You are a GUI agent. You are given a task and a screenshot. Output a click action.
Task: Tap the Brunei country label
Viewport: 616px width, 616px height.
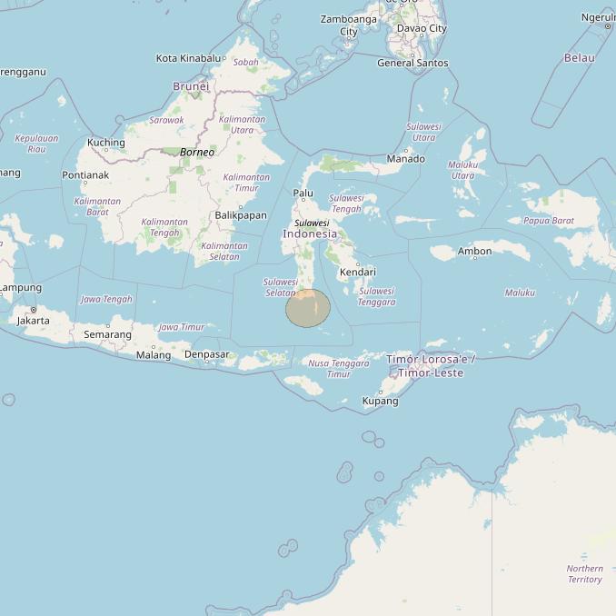point(191,86)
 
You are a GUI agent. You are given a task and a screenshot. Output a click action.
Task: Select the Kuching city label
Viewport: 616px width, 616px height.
point(105,143)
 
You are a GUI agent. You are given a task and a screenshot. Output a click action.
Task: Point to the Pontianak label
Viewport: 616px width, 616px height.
point(85,175)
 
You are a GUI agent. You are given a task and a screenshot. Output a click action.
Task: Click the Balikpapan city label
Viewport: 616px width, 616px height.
point(241,215)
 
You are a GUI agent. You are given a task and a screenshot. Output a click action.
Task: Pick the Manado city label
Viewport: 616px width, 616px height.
point(405,159)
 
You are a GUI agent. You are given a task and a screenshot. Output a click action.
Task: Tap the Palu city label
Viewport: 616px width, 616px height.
point(303,194)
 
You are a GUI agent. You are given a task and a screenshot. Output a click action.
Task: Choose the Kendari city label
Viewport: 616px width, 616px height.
point(357,273)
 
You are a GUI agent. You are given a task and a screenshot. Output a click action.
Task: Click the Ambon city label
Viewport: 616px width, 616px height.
point(474,252)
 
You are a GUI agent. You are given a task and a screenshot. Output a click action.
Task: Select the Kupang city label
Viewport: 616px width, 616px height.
point(380,401)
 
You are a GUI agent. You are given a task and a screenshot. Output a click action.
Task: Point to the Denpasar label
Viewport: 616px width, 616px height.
point(206,354)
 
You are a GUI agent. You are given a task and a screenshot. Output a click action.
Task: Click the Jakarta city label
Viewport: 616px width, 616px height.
point(34,321)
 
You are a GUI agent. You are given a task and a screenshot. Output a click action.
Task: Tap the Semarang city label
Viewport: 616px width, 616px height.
point(107,335)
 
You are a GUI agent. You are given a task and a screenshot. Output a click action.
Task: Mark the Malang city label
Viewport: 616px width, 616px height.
point(154,355)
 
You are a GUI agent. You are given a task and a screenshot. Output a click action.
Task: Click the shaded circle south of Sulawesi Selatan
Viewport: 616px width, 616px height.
point(308,308)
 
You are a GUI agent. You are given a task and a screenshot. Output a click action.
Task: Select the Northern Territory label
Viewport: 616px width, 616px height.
point(584,574)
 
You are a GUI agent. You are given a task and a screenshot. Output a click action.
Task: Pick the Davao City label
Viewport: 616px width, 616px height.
point(425,28)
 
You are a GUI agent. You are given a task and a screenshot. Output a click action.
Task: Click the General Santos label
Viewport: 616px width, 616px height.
point(412,63)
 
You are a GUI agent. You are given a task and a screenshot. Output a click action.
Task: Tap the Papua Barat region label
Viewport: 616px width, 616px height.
point(549,221)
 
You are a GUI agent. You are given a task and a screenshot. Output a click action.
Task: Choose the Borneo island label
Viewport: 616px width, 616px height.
point(197,153)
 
